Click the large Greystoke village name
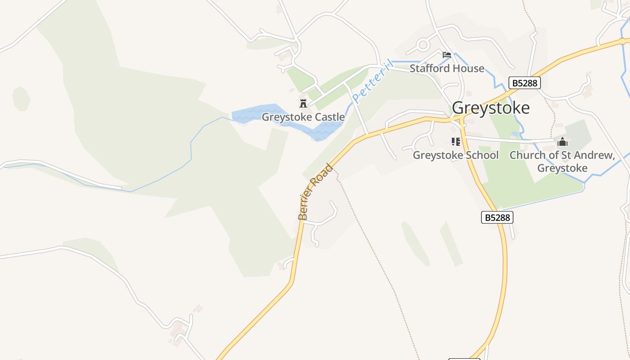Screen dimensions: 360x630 pyautogui.click(x=490, y=108)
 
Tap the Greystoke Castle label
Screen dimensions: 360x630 pyautogui.click(x=303, y=117)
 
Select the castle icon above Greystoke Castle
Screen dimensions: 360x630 pyautogui.click(x=303, y=103)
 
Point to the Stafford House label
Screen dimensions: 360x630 pyautogui.click(x=447, y=68)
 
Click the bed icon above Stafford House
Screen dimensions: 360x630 pyautogui.click(x=446, y=55)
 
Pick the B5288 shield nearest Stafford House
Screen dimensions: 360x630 pyautogui.click(x=524, y=83)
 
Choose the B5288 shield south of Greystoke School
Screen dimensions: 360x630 pyautogui.click(x=497, y=217)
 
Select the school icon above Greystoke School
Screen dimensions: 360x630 pyautogui.click(x=456, y=142)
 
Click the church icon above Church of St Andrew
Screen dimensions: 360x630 pyautogui.click(x=562, y=143)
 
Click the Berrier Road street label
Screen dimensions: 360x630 pyautogui.click(x=315, y=192)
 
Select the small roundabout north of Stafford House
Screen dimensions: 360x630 pyautogui.click(x=423, y=45)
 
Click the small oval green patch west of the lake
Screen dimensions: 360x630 pyautogui.click(x=21, y=99)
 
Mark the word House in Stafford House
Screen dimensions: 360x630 pyautogui.click(x=469, y=68)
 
